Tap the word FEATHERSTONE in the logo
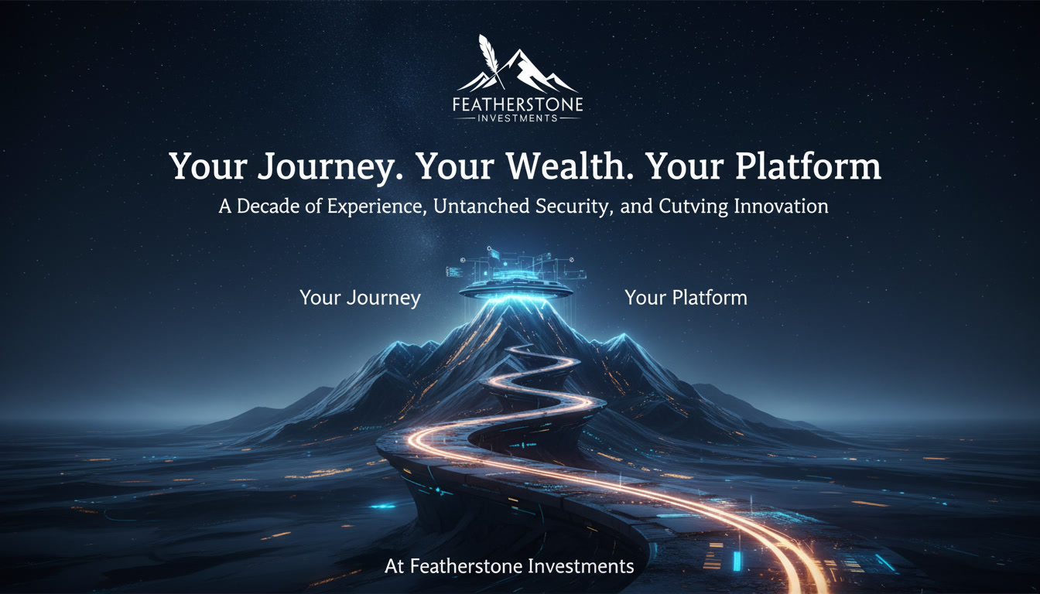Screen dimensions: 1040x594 coord(518,104)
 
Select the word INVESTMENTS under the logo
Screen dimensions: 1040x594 coord(517,118)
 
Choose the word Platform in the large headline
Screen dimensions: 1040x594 coord(809,166)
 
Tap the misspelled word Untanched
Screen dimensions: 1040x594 coord(481,206)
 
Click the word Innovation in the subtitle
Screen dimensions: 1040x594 coord(781,206)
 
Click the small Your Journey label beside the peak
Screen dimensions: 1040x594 coord(360,298)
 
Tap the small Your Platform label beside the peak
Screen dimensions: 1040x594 coord(686,298)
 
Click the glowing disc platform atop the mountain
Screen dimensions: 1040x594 coord(515,292)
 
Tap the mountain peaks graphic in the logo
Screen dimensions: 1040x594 coord(518,72)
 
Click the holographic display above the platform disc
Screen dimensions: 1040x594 coord(516,266)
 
